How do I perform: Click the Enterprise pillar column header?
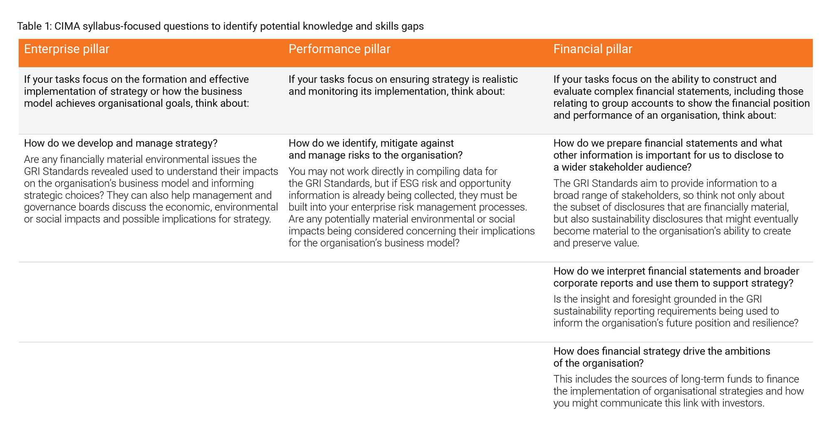click(x=67, y=49)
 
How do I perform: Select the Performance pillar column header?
click(x=339, y=49)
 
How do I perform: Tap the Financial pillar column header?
click(x=593, y=49)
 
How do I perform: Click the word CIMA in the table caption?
click(x=67, y=26)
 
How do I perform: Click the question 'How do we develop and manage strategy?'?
click(x=121, y=143)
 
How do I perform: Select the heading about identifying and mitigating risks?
click(x=376, y=149)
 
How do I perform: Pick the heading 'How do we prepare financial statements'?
click(x=669, y=155)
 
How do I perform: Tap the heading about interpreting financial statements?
click(x=676, y=277)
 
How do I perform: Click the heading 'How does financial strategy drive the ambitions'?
click(x=662, y=357)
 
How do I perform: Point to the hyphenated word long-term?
click(x=703, y=380)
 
